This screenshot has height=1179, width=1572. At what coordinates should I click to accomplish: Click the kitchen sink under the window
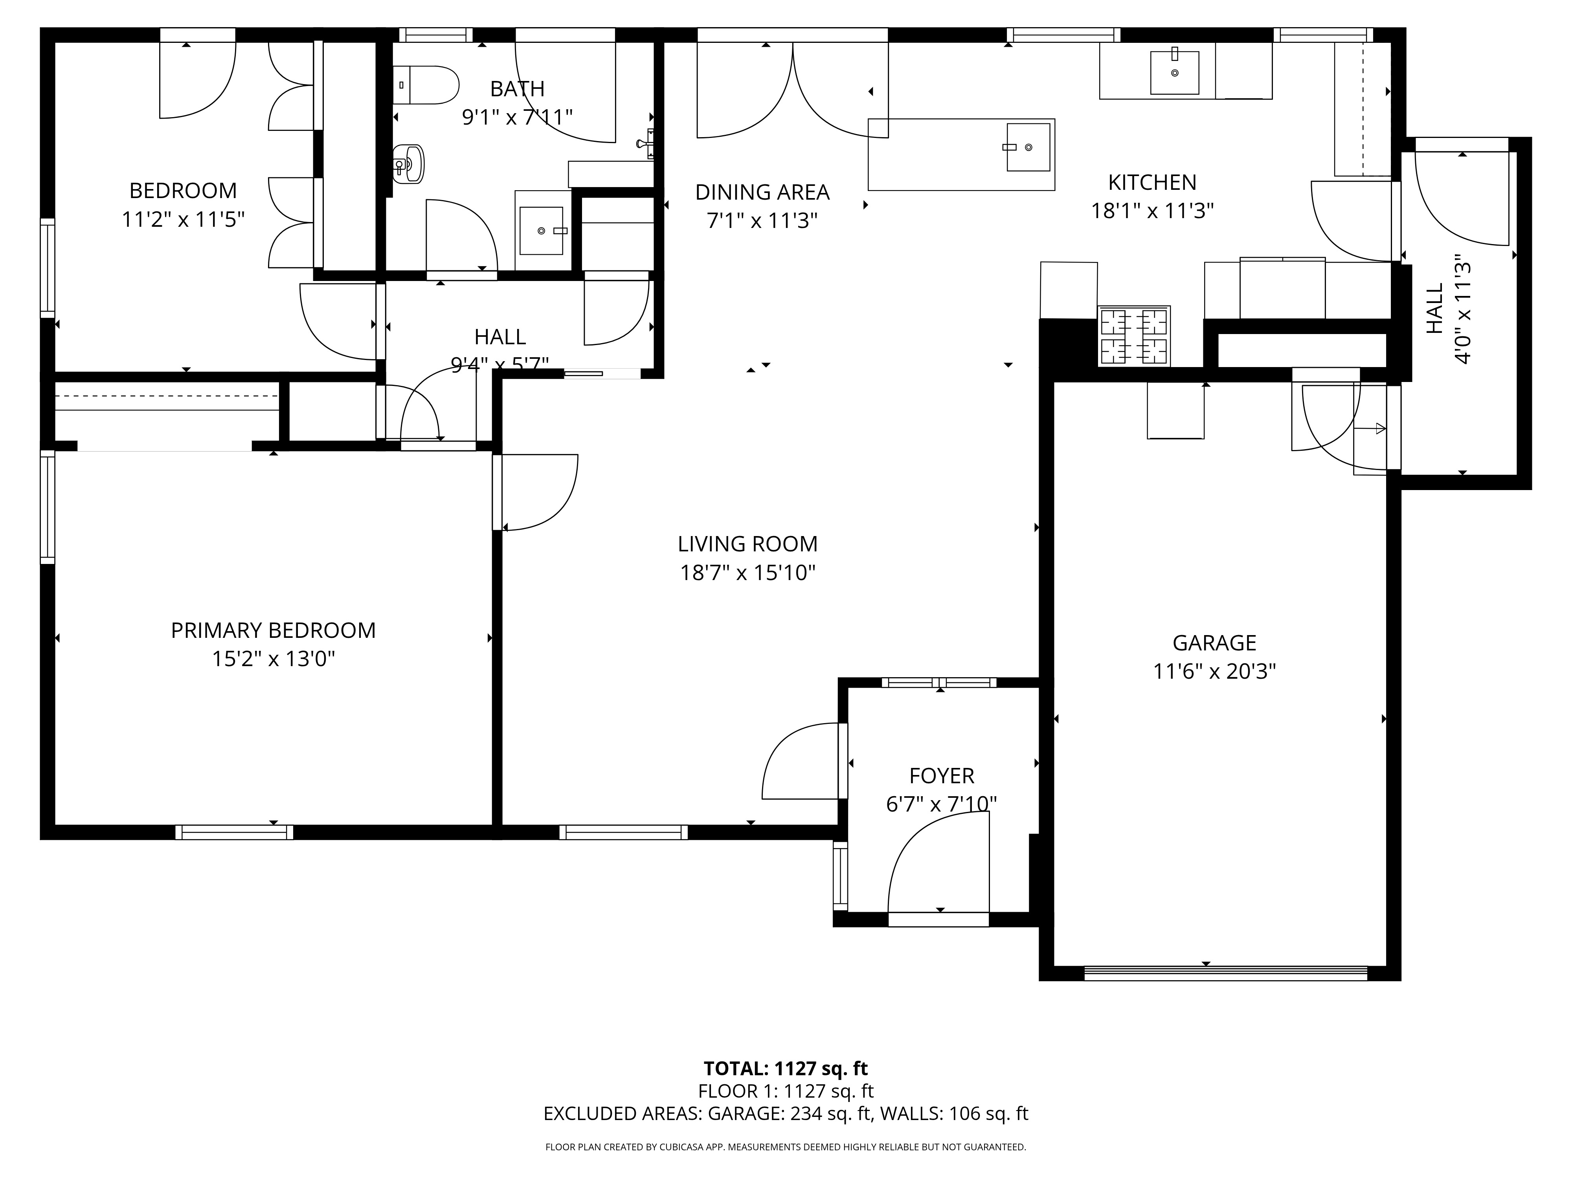[1174, 71]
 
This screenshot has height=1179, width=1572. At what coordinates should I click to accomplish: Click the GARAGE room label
[1214, 643]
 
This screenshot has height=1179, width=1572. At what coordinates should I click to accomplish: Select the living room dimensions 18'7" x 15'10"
[747, 573]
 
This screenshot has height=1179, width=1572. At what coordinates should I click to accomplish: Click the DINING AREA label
[762, 193]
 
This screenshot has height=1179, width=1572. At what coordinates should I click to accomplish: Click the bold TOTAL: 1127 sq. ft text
[785, 1069]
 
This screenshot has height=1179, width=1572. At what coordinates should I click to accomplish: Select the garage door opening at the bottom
[1225, 973]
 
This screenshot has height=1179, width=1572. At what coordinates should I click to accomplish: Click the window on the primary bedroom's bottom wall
[235, 832]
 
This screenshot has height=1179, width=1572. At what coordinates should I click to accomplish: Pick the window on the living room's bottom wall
[623, 832]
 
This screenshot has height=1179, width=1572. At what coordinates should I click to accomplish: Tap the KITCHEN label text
[1152, 183]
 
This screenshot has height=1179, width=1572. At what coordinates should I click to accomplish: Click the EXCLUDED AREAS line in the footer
[785, 1114]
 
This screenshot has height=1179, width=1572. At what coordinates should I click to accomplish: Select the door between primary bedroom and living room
[534, 492]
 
